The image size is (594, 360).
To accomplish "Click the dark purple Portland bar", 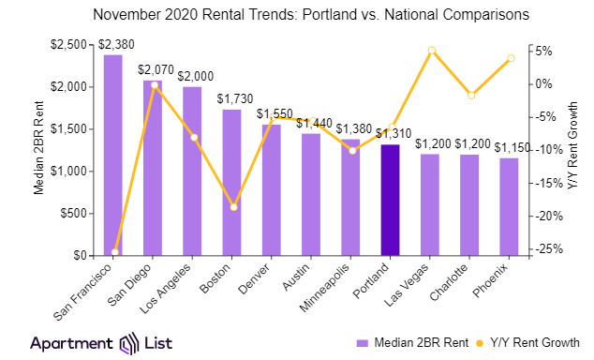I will click(x=391, y=200).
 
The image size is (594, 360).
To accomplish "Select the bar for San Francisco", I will click(x=113, y=155).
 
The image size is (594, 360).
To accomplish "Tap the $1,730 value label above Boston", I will click(x=233, y=98).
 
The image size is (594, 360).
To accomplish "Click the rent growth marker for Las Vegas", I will click(x=431, y=51).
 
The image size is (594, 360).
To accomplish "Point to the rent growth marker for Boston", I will click(x=233, y=206).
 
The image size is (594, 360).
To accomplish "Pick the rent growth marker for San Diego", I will click(x=154, y=85).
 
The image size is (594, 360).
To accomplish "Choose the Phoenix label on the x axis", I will click(x=498, y=278).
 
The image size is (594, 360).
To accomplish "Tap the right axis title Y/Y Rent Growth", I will click(x=573, y=151).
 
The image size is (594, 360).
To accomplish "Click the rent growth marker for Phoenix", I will click(x=511, y=58).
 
